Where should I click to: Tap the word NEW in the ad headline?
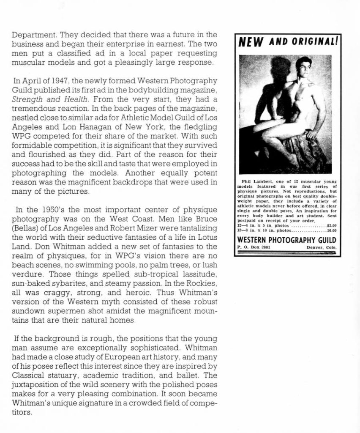pyautogui.click(x=251, y=42)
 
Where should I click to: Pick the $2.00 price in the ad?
pyautogui.click(x=332, y=226)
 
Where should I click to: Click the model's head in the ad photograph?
pyautogui.click(x=303, y=66)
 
